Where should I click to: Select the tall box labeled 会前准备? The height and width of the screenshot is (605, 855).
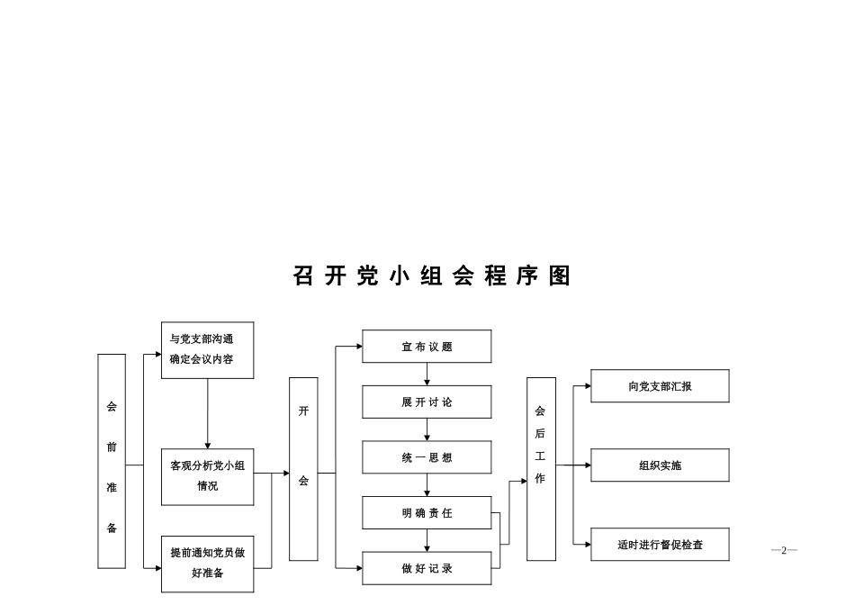(x=112, y=461)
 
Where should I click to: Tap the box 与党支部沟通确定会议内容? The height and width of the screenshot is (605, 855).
(x=207, y=350)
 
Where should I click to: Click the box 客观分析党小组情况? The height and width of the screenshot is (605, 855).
(x=207, y=476)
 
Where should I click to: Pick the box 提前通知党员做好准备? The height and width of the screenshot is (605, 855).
(x=207, y=563)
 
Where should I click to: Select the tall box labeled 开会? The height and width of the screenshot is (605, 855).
(x=303, y=468)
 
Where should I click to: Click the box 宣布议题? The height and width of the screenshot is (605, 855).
(x=427, y=347)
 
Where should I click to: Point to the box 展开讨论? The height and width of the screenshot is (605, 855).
(x=427, y=402)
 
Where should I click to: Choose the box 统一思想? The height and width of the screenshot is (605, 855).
(x=427, y=457)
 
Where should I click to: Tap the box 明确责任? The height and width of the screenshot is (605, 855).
(x=427, y=513)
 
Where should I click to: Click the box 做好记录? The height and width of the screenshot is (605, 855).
(x=427, y=568)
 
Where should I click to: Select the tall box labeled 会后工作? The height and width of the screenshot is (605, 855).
(x=541, y=468)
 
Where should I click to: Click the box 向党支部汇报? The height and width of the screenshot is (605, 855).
(x=660, y=386)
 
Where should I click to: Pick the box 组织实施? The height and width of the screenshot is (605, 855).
(x=660, y=465)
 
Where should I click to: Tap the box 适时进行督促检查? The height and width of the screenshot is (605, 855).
(x=660, y=545)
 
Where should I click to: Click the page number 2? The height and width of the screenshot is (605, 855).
(x=784, y=550)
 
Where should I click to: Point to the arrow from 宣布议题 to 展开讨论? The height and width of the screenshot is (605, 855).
(x=427, y=375)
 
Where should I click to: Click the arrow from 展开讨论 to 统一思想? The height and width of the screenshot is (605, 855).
(x=427, y=430)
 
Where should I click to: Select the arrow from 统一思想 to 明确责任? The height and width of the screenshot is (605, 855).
(x=427, y=485)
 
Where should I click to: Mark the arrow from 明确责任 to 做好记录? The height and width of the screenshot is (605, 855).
(x=427, y=541)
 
